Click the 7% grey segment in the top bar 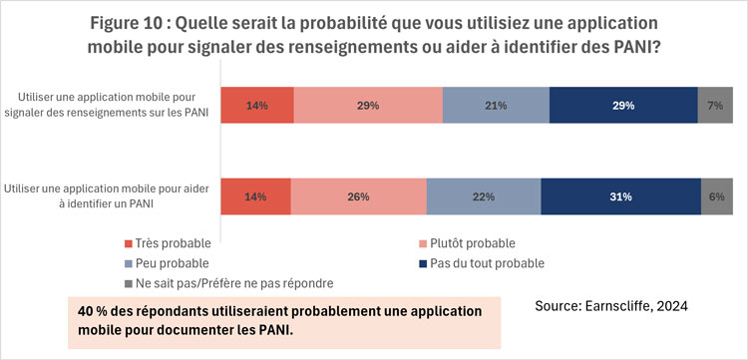point(715,105)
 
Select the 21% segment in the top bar point(496,105)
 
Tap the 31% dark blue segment point(621,196)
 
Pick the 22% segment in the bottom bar point(484,196)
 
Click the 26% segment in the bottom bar point(359,196)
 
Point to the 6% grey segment point(717,196)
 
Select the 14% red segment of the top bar point(257,105)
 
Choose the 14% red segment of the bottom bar point(256,196)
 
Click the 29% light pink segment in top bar point(368,105)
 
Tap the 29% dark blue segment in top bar point(623,105)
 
